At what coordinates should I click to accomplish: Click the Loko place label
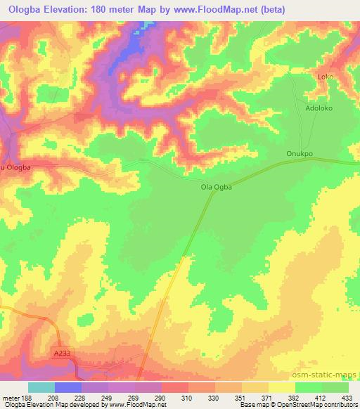pos(325,77)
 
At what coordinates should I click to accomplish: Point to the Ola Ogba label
pos(217,187)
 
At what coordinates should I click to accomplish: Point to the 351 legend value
pos(242,397)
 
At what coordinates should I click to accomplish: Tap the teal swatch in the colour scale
pos(41,387)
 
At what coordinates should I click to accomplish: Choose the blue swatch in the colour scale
pos(68,387)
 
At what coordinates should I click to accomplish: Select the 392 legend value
pos(295,397)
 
